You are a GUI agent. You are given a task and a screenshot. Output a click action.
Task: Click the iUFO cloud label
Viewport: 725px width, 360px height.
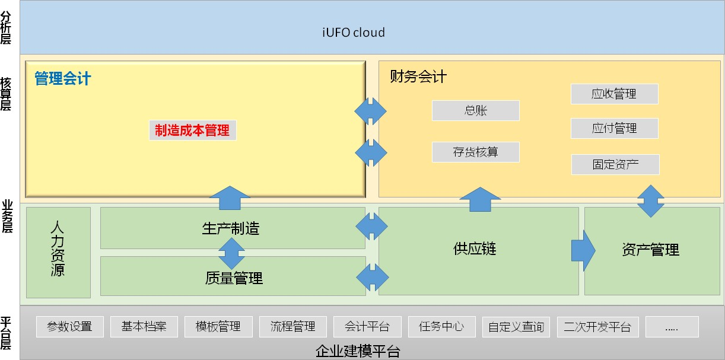[354, 33]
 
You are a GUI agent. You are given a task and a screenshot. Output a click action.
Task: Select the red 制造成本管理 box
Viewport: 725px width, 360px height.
[193, 130]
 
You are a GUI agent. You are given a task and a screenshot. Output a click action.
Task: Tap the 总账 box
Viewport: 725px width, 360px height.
[475, 111]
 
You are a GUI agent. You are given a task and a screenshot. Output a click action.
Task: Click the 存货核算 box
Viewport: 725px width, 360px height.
[475, 152]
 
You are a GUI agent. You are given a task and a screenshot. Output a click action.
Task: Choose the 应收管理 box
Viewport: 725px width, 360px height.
[614, 94]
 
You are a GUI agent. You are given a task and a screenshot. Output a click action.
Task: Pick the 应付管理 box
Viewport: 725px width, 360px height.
[614, 128]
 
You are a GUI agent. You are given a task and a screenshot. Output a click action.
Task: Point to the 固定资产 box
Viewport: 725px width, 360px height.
[615, 164]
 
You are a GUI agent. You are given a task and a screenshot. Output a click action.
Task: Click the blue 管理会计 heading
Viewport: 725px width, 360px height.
[62, 78]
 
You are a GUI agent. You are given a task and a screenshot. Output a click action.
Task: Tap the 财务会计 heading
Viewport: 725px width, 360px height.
[418, 77]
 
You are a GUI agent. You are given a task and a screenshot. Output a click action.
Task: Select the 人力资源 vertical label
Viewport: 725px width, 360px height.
[58, 249]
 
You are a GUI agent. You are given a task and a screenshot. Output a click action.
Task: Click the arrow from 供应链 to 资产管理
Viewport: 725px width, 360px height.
[583, 250]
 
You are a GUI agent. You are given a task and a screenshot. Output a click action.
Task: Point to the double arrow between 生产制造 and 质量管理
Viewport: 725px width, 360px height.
[231, 254]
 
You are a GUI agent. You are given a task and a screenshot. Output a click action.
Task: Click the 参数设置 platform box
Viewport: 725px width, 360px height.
[70, 327]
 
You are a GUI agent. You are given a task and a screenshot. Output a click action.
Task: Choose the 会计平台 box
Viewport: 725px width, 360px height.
[367, 327]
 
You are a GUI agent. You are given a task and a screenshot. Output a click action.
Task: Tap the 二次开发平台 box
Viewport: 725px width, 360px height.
[597, 327]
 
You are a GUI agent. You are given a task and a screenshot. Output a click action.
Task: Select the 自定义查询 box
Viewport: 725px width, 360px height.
[516, 327]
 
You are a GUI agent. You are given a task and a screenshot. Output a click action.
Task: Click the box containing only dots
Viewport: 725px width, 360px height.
[672, 327]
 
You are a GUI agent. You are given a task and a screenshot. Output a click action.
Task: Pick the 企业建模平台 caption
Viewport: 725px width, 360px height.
[358, 351]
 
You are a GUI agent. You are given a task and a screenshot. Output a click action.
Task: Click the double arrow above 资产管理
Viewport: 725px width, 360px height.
[651, 201]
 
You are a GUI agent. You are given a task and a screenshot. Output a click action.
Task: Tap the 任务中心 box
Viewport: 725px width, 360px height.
[442, 327]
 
